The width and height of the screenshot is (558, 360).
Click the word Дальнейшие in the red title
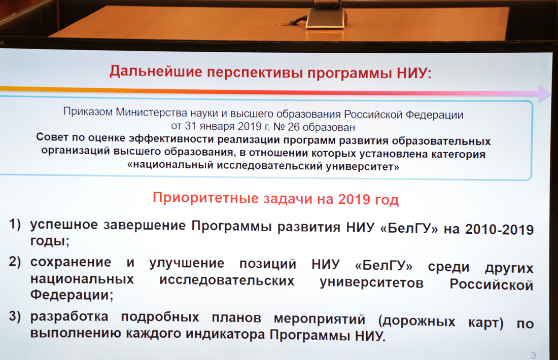[156, 71]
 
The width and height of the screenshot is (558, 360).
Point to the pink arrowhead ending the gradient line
[544, 93]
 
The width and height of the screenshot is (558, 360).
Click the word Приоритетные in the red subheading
[205, 197]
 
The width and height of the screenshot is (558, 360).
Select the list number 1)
[15, 224]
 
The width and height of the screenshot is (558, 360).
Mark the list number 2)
[15, 262]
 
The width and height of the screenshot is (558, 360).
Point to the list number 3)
[15, 316]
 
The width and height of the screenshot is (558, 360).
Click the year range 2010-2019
[499, 230]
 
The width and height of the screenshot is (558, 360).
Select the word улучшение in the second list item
[187, 264]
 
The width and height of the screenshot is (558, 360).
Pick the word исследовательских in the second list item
[227, 280]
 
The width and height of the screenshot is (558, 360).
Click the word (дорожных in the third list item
[416, 321]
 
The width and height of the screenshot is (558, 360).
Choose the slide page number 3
[533, 355]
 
